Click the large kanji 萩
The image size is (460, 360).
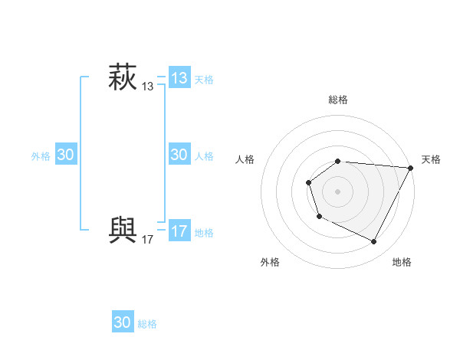123,79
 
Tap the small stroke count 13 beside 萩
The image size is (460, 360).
148,87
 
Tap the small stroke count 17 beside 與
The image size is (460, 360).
148,240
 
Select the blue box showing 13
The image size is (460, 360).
179,77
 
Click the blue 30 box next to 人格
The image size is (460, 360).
179,155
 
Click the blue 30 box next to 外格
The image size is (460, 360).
66,155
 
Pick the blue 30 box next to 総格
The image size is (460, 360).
123,322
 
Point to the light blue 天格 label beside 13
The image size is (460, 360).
204,80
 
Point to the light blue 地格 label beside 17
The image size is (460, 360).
204,233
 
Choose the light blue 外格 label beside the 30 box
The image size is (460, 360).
41,156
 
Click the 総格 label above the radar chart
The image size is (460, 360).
338,100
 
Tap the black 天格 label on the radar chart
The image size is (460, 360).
431,159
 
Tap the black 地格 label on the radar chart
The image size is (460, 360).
402,263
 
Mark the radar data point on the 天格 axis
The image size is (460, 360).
411,168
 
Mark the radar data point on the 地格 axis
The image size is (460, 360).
374,242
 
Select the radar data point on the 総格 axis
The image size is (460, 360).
338,161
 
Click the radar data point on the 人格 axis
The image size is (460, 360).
308,182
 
